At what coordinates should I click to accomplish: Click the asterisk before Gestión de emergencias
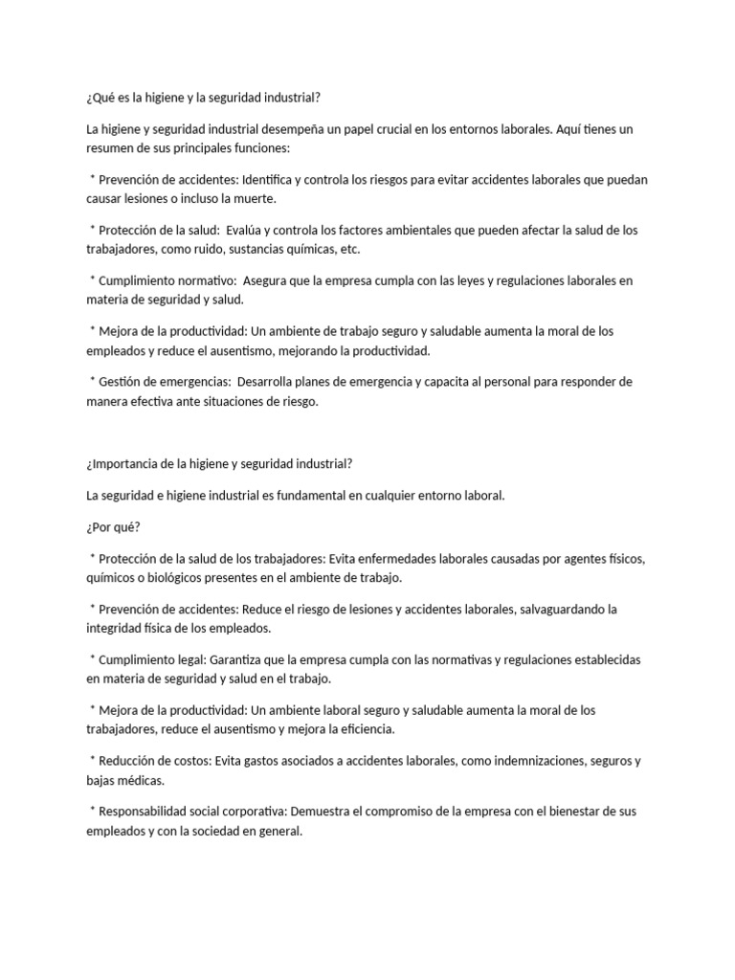[93, 381]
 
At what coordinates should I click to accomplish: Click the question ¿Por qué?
[113, 527]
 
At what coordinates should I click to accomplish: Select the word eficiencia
[360, 729]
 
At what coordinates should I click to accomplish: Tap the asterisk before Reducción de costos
[93, 760]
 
